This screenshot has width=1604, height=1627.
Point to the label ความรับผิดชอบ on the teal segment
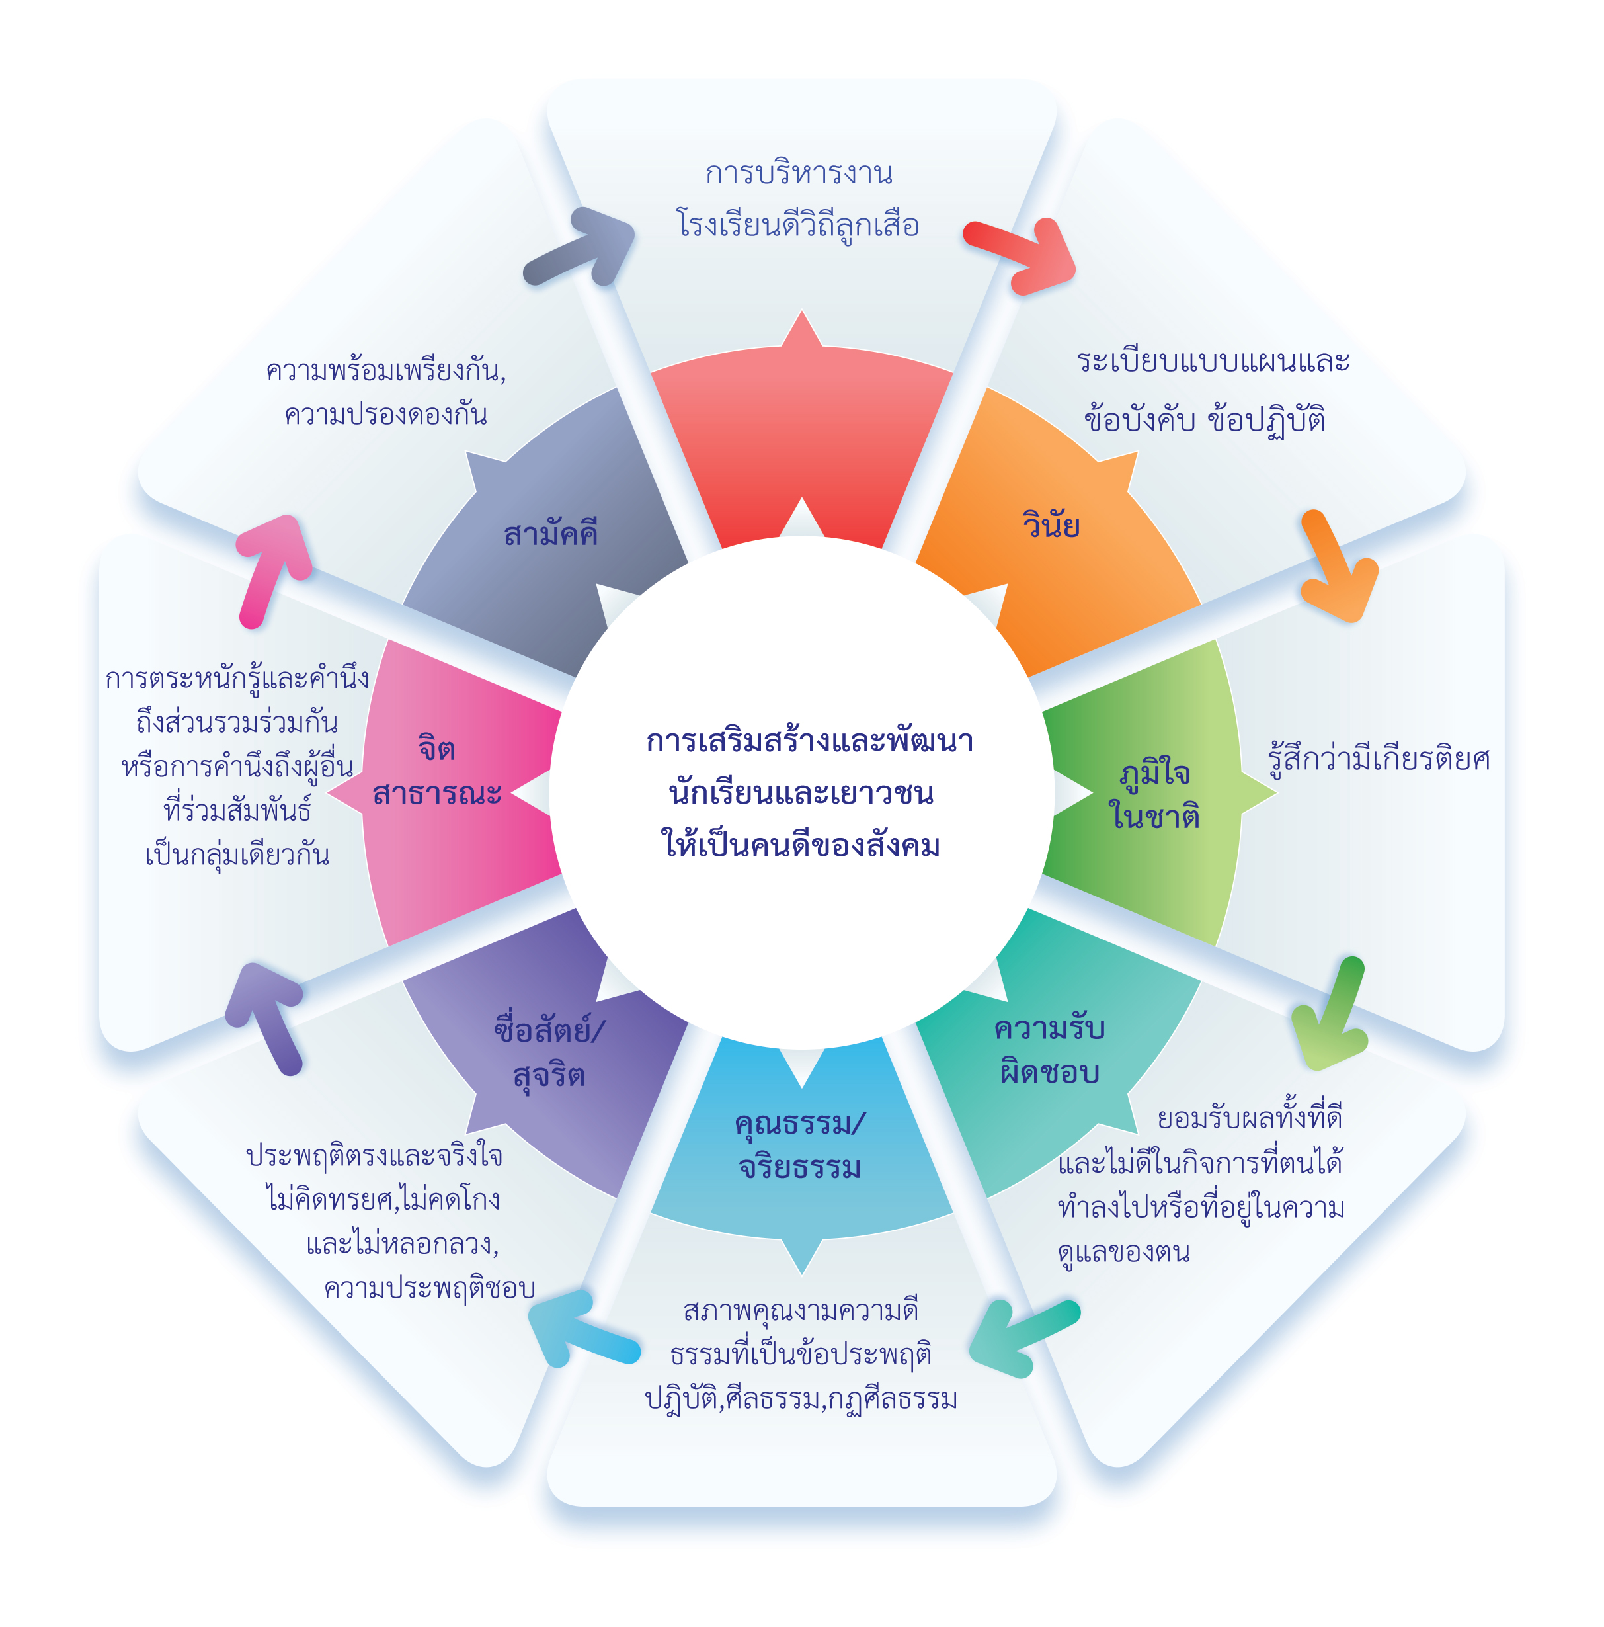(1049, 1050)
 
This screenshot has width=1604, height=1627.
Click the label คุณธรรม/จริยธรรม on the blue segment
(800, 1146)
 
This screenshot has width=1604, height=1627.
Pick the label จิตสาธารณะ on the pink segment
(437, 771)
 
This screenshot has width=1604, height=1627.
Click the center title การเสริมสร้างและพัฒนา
(809, 741)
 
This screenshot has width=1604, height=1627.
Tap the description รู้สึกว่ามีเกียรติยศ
(1379, 760)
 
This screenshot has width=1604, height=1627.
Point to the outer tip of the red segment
(801, 313)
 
